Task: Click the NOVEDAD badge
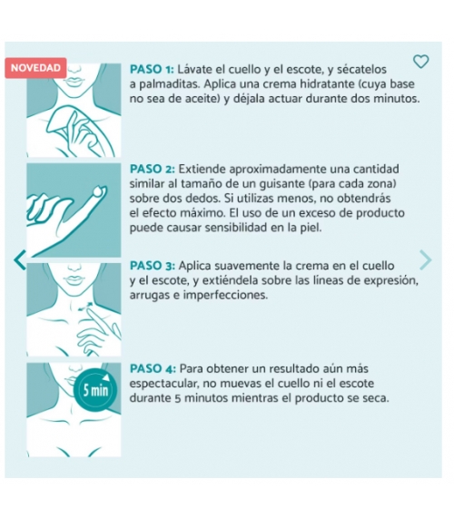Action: (x=35, y=68)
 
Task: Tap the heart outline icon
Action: (x=421, y=62)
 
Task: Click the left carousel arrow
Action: (x=20, y=260)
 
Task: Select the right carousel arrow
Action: (x=425, y=260)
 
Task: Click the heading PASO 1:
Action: (x=152, y=70)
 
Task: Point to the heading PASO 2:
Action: (x=153, y=169)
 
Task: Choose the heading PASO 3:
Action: (x=153, y=266)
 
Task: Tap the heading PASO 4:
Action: (x=153, y=368)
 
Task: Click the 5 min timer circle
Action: (x=95, y=390)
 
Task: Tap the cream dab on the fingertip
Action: (x=99, y=191)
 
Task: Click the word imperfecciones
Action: (x=225, y=296)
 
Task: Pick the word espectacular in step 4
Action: (x=163, y=384)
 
